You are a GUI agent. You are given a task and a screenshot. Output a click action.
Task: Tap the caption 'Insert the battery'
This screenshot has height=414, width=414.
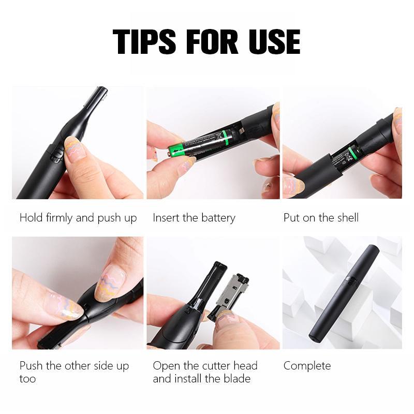[x=194, y=218]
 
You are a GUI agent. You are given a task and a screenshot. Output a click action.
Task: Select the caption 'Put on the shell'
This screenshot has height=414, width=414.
[x=321, y=218]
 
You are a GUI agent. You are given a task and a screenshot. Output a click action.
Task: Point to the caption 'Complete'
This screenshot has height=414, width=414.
[x=307, y=366]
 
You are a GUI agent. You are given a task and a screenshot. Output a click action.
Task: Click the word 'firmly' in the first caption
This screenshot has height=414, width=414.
[x=59, y=218]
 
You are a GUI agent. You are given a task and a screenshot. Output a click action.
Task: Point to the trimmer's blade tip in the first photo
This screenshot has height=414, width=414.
[x=98, y=95]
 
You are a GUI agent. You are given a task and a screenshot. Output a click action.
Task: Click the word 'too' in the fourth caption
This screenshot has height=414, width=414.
[x=28, y=379]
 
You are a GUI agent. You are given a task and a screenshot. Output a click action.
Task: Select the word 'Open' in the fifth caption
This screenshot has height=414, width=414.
[x=165, y=366]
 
